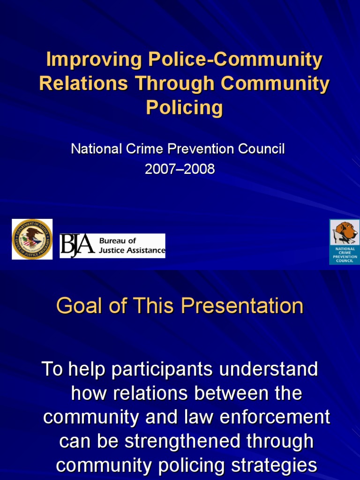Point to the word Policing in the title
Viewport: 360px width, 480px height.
tap(184, 107)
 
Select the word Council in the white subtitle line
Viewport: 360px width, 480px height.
tap(262, 150)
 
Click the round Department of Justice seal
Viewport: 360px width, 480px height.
tap(32, 239)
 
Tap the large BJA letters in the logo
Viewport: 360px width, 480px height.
tap(77, 246)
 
